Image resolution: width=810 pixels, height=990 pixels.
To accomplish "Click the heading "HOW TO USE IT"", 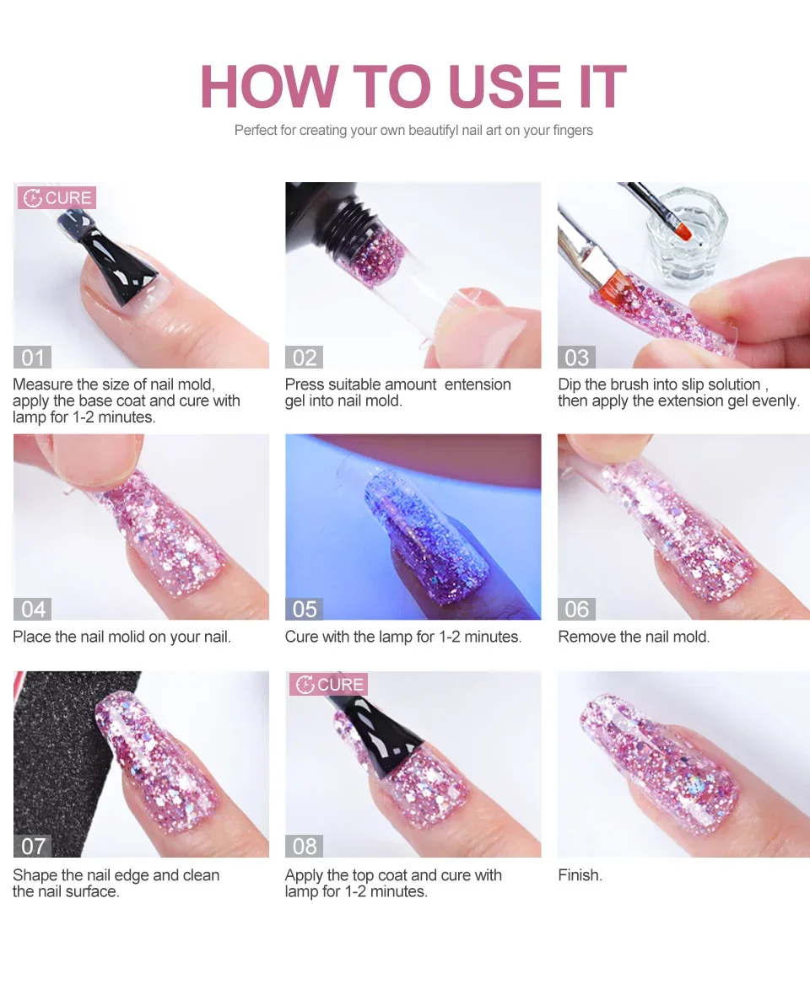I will tap(413, 87).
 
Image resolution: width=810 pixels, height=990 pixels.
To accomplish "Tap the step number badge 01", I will tap(32, 357).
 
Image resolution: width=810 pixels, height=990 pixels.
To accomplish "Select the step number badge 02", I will tap(304, 357).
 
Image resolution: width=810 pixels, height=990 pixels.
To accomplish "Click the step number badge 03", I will tap(576, 357).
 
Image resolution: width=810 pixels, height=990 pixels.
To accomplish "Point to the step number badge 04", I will tap(33, 608).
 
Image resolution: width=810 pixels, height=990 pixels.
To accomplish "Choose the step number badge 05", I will tap(304, 608).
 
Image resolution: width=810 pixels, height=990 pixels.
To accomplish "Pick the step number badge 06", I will tap(576, 608).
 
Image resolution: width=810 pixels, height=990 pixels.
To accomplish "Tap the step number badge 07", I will tap(33, 845).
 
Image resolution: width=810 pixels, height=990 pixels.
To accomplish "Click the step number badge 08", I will tap(304, 845).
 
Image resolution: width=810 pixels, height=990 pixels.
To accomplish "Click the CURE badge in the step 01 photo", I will tap(57, 198).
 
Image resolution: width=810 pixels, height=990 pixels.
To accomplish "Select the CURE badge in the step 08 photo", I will tap(328, 684).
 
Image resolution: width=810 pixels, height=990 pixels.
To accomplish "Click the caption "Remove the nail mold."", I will tap(634, 637).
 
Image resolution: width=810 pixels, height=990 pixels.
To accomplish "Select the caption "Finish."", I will tap(580, 875).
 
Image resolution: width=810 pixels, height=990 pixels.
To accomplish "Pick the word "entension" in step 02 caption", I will tap(478, 385).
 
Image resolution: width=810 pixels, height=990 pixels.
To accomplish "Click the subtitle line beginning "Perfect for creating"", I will tap(413, 131).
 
